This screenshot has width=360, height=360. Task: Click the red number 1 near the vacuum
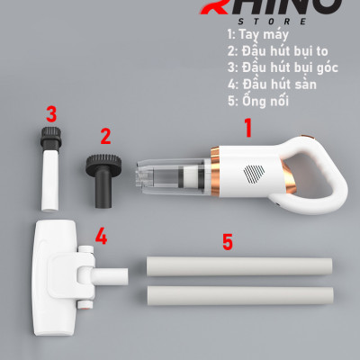pos(248,129)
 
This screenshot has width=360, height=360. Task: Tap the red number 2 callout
pos(105,137)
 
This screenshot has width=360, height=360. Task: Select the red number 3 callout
pos(52,114)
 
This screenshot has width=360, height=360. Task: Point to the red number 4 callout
pos(102,238)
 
